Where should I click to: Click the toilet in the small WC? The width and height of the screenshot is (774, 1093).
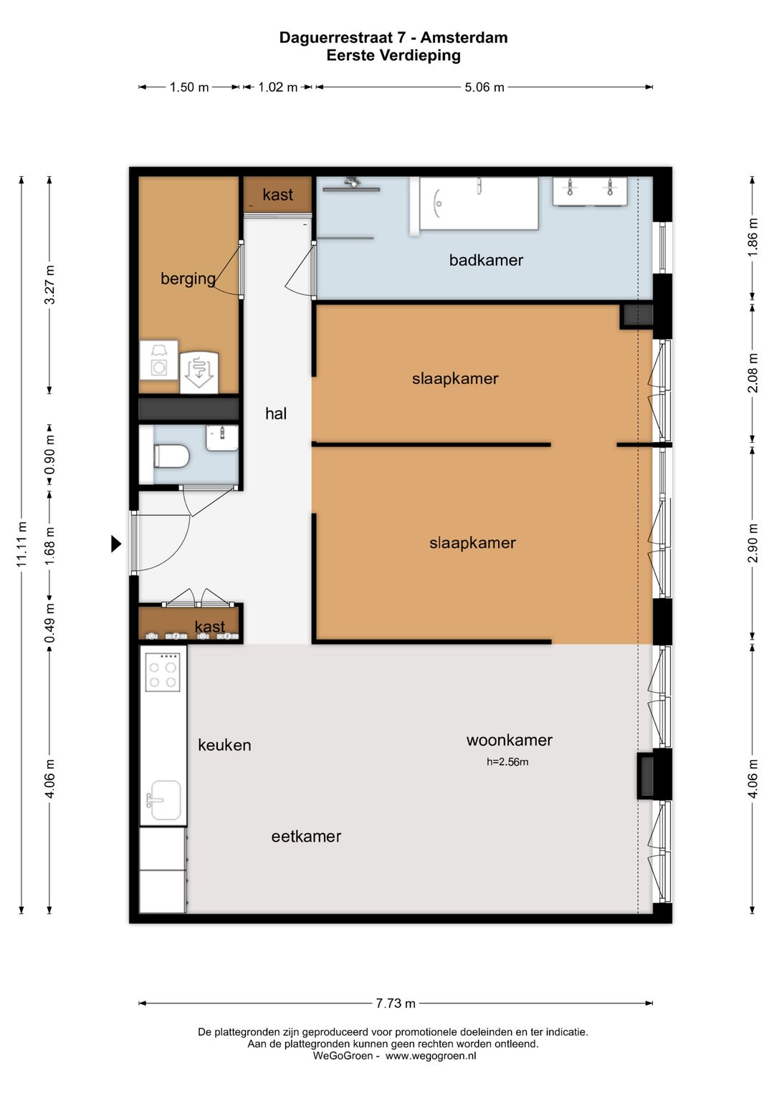tap(171, 456)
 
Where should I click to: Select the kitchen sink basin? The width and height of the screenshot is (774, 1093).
tap(164, 800)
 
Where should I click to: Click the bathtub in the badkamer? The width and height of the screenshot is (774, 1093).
tap(479, 203)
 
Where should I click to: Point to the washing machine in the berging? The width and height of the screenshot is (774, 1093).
tap(158, 360)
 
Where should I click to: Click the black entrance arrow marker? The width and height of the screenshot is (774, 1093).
tap(116, 544)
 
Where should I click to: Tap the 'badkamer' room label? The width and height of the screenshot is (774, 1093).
tap(486, 260)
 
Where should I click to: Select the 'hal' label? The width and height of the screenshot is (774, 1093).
tap(276, 414)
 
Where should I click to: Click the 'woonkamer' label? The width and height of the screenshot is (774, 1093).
tap(510, 740)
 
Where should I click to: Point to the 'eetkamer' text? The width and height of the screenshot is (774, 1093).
tap(306, 837)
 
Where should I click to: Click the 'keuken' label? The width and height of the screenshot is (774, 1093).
tap(224, 745)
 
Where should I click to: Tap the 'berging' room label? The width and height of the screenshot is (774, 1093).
tap(188, 279)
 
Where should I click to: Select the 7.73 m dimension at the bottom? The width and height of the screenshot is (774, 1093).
tap(396, 1003)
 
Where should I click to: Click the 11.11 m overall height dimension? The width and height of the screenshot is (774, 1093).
tap(21, 544)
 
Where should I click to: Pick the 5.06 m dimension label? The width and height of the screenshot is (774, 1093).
tap(484, 87)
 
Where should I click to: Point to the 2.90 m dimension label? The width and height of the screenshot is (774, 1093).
tap(752, 543)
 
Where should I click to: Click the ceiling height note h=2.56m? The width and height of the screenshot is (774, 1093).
tap(507, 761)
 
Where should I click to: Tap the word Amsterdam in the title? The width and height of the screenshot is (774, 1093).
tap(464, 37)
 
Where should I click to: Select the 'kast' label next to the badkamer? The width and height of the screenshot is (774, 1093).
tap(278, 195)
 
